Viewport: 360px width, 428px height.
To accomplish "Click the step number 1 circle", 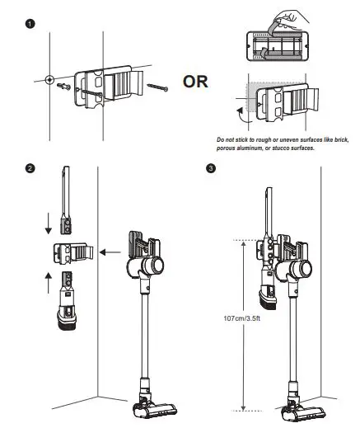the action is point(30,24).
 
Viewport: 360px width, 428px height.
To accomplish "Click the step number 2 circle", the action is point(30,168).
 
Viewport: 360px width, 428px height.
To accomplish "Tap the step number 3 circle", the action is point(211,168).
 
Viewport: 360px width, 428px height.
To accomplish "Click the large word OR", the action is point(195,82).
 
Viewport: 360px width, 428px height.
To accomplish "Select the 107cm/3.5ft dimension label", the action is point(241,318).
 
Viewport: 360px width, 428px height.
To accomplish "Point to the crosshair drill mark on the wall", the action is point(49,80).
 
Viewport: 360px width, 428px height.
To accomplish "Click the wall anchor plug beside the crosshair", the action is point(63,87).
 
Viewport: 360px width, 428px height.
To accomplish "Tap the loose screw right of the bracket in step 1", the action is point(157,87).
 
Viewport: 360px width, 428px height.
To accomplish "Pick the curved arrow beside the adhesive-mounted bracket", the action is point(241,115).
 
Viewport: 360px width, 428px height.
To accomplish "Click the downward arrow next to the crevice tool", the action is point(49,223).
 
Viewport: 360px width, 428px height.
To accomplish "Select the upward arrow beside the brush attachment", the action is point(49,283).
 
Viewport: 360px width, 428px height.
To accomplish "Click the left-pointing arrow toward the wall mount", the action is point(110,252).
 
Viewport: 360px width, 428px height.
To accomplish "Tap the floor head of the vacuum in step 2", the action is point(155,410).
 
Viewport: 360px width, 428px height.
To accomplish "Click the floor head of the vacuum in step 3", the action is point(303,411).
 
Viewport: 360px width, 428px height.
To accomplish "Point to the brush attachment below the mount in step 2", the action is point(67,301).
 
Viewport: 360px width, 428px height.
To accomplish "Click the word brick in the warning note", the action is point(341,139).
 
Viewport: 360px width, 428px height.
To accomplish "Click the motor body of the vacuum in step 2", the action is point(146,266).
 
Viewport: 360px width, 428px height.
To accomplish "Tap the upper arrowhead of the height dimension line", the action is point(243,243).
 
